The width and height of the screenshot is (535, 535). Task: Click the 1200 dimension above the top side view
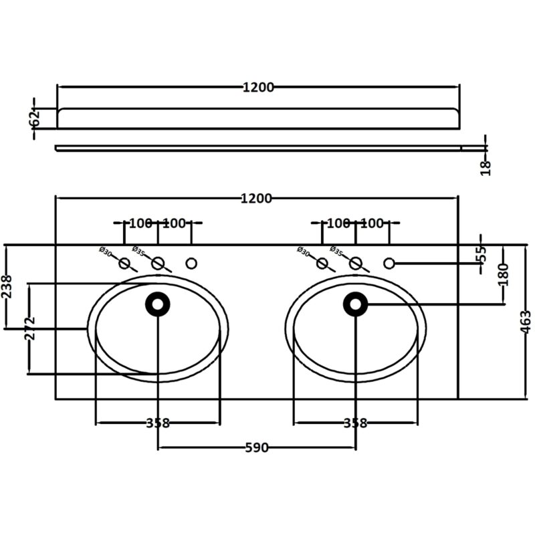click(x=258, y=88)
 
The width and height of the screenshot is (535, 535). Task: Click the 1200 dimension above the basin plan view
click(x=256, y=198)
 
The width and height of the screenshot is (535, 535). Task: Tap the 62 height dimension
click(x=35, y=118)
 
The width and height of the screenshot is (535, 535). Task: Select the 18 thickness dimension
click(x=486, y=168)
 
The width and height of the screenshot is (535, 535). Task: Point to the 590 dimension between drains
click(x=257, y=447)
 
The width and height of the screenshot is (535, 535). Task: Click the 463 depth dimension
click(x=526, y=322)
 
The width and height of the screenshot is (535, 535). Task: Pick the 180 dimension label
click(x=504, y=275)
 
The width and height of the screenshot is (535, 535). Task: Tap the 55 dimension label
click(x=481, y=254)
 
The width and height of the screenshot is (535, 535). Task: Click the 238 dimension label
click(x=7, y=287)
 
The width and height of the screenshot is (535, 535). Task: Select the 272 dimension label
click(x=30, y=328)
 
